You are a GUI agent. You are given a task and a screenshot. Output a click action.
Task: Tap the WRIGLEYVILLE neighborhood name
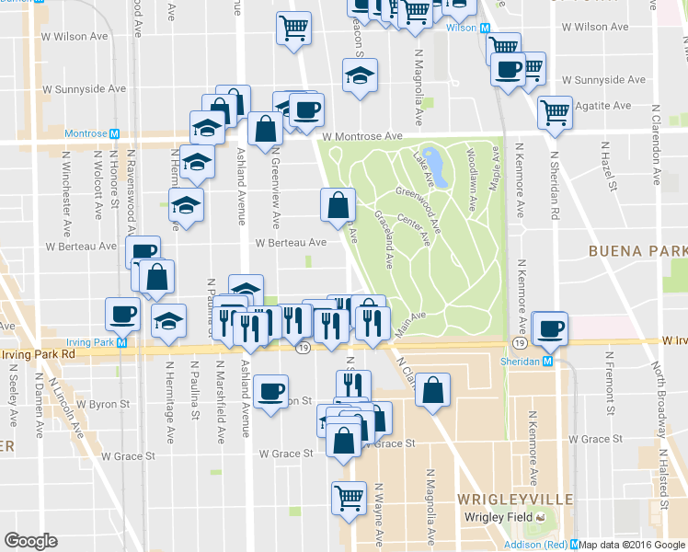pos(515,499)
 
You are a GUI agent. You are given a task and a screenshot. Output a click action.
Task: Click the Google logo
pos(30,541)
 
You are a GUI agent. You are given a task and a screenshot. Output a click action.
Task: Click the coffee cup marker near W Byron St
pos(271,391)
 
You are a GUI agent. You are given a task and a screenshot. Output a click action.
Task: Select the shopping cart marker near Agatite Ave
pos(555,112)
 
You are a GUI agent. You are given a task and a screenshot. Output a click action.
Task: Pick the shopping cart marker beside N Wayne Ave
pos(349,498)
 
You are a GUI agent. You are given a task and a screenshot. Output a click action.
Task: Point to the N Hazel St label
pos(605,162)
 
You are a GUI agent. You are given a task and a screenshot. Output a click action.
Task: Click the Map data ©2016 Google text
pos(633,545)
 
